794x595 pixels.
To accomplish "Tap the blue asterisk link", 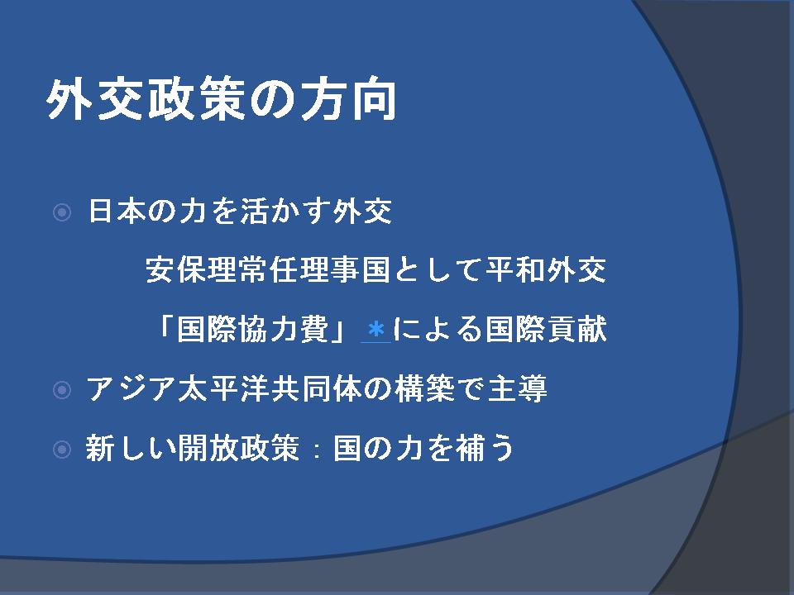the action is coord(375,330).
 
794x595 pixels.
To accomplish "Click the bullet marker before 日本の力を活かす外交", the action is coord(62,212).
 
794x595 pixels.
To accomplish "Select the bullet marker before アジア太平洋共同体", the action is coord(62,389).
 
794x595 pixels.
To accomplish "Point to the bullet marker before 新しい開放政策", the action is coord(62,449).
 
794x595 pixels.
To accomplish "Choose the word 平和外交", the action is coord(546,269).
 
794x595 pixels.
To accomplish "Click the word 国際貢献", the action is coord(546,330).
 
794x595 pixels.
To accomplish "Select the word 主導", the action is coord(517,389).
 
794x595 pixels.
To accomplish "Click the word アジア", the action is coord(132,389).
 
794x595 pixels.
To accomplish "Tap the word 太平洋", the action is coord(223,389).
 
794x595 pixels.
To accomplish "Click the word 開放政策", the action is coord(238,448).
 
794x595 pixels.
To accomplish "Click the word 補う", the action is coord(485,448).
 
